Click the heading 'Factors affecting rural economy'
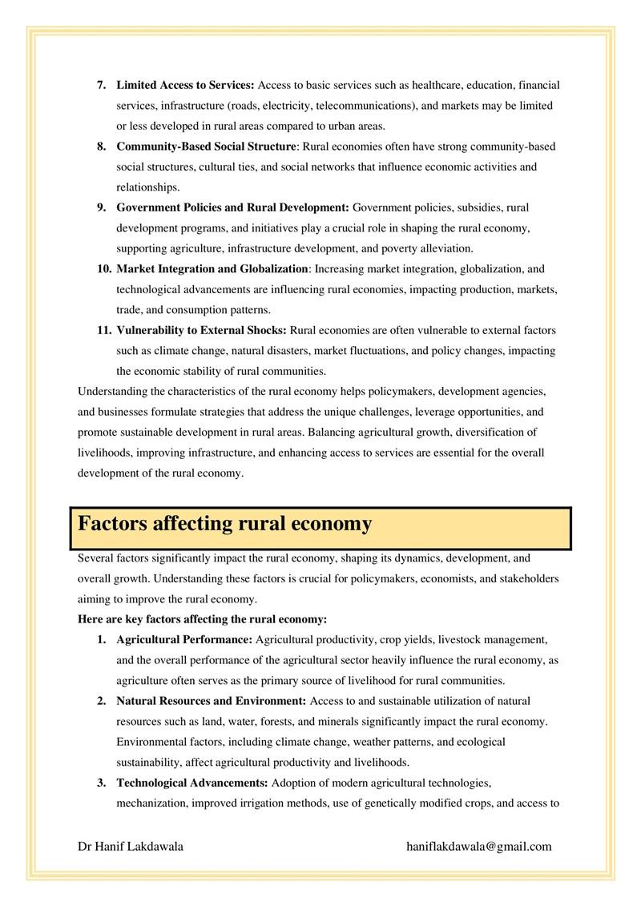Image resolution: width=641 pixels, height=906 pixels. [x=224, y=525]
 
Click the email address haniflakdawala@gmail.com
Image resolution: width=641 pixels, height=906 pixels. [x=479, y=846]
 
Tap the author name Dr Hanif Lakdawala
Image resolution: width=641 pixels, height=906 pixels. [x=130, y=846]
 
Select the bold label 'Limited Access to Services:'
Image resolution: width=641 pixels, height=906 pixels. [x=185, y=84]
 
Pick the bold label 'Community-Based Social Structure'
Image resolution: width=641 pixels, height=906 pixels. [x=206, y=147]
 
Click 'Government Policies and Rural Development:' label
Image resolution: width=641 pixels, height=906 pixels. [x=232, y=208]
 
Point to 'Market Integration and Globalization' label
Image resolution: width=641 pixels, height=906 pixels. [x=212, y=268]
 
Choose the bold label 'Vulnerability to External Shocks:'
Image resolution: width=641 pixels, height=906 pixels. [x=201, y=329]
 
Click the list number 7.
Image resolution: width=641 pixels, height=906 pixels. [x=102, y=84]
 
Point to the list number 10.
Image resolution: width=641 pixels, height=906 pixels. [x=99, y=268]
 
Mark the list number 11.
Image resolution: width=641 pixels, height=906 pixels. [x=99, y=329]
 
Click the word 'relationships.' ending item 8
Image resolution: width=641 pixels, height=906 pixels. [x=146, y=187]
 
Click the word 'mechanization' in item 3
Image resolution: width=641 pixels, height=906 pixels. [x=150, y=802]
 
